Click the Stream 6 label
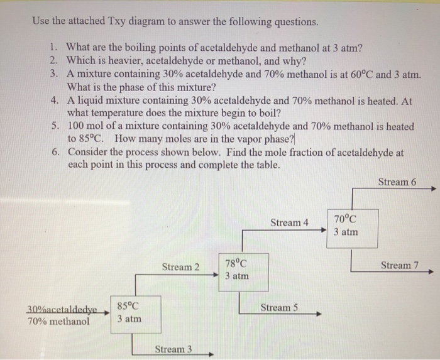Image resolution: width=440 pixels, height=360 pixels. [397, 182]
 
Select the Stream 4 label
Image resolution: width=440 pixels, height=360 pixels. [289, 222]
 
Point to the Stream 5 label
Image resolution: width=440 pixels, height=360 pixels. [279, 307]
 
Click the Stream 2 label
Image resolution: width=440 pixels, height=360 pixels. [180, 267]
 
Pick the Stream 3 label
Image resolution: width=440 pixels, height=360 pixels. [173, 349]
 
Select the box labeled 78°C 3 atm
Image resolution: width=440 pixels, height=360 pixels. [243, 270]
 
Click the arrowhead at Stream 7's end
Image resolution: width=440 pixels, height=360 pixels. [431, 272]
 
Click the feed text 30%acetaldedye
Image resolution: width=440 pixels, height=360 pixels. [62, 309]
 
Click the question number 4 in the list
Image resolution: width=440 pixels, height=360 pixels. [55, 100]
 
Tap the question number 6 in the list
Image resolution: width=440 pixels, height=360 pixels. [55, 153]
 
